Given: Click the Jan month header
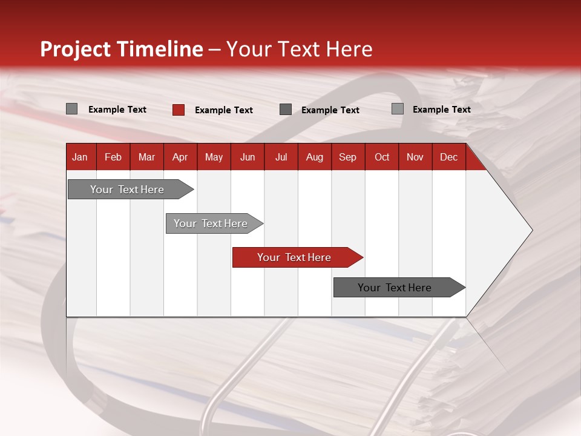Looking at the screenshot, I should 80,157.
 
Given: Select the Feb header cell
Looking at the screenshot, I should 113,157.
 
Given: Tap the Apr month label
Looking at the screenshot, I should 180,157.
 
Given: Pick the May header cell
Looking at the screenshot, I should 214,157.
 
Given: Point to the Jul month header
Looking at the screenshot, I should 281,157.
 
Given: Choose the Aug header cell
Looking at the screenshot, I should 315,157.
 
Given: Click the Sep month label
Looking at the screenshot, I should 347,157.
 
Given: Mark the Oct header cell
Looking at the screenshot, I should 382,157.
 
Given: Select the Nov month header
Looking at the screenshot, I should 415,157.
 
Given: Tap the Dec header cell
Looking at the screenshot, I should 448,157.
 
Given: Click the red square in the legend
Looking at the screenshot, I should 179,110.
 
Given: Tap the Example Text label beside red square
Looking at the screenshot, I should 223,110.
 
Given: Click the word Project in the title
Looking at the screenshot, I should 76,49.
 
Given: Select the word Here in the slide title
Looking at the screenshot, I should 349,49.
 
